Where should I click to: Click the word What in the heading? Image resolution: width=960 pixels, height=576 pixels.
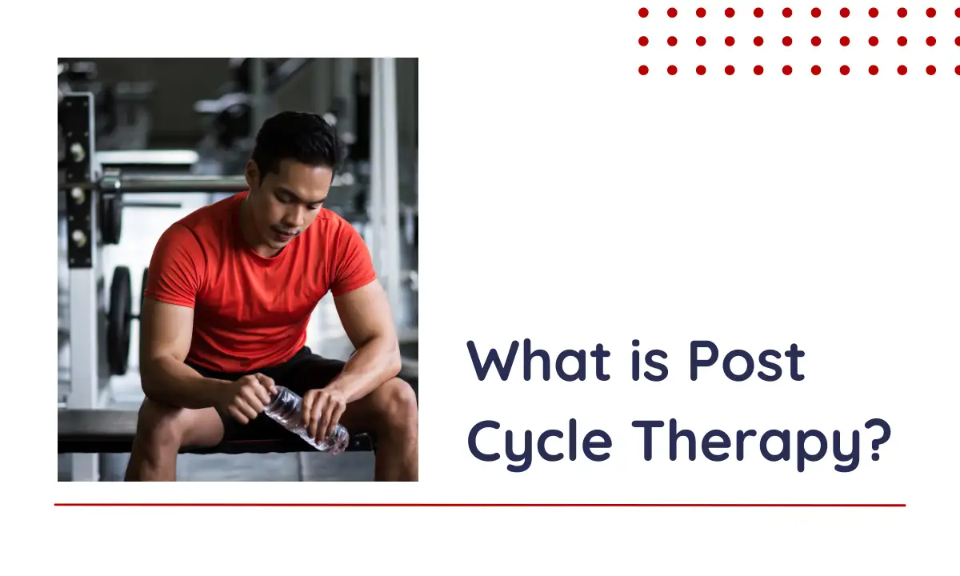click(x=538, y=361)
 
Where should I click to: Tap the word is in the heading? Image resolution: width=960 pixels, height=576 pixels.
click(x=650, y=361)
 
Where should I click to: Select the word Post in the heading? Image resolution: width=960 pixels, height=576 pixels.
click(x=747, y=361)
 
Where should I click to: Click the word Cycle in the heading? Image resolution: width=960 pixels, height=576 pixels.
click(x=540, y=445)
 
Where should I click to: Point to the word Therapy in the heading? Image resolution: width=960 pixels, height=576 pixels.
click(x=746, y=445)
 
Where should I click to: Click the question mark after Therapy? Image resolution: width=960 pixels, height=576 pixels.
click(x=878, y=440)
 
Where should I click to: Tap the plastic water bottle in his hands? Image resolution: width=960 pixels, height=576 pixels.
click(x=306, y=419)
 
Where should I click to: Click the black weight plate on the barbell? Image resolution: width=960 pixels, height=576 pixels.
click(x=119, y=320)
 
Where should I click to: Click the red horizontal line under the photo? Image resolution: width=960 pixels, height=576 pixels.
click(x=480, y=505)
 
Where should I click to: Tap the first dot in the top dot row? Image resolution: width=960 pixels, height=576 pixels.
click(x=643, y=13)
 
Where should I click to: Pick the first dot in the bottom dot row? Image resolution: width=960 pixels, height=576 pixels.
click(x=643, y=70)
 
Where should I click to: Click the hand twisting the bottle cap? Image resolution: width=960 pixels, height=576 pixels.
click(x=249, y=397)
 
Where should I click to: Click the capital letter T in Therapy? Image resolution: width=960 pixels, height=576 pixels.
click(x=649, y=440)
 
